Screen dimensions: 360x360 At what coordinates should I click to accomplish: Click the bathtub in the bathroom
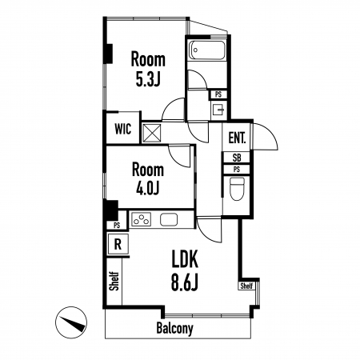(206, 50)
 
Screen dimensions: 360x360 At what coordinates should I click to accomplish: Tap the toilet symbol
(237, 189)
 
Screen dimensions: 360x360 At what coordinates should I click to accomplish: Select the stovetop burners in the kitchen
(142, 219)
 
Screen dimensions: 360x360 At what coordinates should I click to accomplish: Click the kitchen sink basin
(169, 219)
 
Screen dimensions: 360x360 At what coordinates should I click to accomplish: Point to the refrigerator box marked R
(118, 244)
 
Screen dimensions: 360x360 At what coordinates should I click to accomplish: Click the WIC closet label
(123, 129)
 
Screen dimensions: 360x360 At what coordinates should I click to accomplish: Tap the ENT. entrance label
(237, 138)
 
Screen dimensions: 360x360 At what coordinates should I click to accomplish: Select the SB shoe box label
(237, 158)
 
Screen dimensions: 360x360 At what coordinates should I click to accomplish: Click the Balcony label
(174, 329)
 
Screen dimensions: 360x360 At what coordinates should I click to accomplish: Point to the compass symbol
(71, 322)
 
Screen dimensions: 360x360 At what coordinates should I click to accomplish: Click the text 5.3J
(148, 79)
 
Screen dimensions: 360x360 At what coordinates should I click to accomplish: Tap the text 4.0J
(148, 189)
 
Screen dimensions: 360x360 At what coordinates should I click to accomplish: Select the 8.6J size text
(185, 283)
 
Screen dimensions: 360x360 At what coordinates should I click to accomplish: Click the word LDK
(185, 258)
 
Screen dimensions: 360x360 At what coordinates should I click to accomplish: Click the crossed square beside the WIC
(152, 133)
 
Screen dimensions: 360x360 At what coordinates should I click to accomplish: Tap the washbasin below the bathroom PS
(219, 110)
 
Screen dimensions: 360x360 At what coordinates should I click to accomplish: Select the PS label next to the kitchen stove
(117, 226)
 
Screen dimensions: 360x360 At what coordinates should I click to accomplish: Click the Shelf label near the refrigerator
(114, 281)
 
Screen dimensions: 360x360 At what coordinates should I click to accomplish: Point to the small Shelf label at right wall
(246, 286)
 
